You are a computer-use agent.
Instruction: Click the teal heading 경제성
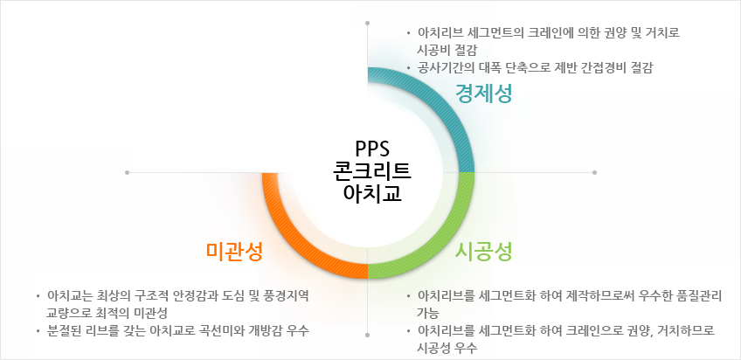[483, 93]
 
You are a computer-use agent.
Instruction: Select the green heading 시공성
[483, 252]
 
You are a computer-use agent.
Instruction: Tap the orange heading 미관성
[234, 252]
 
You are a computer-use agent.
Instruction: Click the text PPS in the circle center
[372, 149]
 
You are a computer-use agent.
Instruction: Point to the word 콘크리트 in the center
[372, 170]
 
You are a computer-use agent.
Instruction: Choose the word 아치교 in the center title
[372, 193]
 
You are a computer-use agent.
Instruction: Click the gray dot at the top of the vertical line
[368, 23]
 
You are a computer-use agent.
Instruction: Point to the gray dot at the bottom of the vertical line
[368, 335]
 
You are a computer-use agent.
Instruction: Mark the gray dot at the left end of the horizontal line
[127, 172]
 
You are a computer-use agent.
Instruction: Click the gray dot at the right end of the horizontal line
[594, 172]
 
